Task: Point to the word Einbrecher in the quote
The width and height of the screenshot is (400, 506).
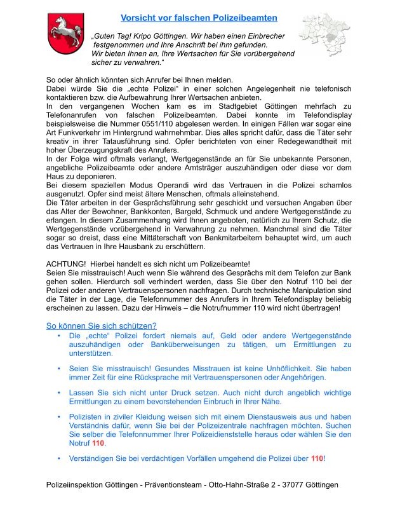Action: (263, 37)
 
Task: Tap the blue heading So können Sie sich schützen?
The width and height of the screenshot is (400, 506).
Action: (102, 325)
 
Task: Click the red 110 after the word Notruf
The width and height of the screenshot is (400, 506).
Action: (98, 442)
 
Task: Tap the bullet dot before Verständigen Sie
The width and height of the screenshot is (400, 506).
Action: (59, 458)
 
